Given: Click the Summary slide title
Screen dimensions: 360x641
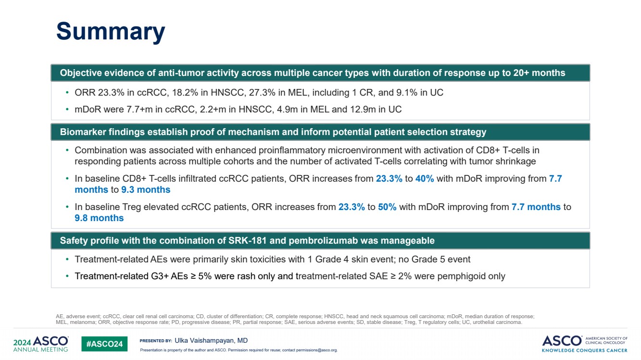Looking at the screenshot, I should click(111, 32).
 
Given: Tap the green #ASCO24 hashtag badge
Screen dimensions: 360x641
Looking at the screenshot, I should click(104, 344).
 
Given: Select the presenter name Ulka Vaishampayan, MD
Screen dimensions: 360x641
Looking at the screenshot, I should click(211, 341).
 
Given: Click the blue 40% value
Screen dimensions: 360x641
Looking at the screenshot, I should click(425, 179).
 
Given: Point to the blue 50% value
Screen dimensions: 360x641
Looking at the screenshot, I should click(387, 207).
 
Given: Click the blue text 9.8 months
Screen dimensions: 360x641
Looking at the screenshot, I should click(99, 218).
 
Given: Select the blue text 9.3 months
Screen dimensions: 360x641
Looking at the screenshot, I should click(146, 190).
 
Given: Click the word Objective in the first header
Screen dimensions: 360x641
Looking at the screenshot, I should click(81, 73).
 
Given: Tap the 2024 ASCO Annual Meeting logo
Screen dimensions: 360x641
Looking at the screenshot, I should click(41, 344).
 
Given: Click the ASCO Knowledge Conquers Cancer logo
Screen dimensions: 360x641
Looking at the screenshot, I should click(584, 344).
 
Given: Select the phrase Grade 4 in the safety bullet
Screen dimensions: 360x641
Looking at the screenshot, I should click(332, 260).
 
